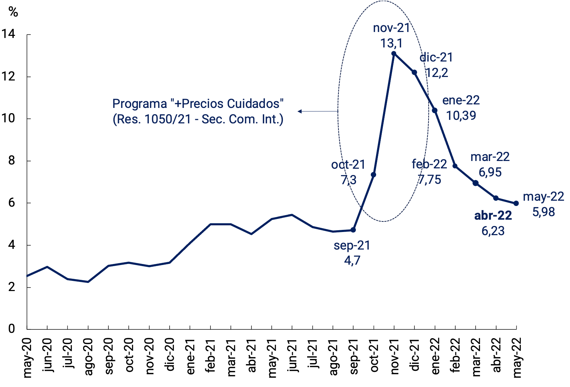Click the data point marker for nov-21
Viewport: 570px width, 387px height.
click(x=394, y=54)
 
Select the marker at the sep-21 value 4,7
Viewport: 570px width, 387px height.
click(x=353, y=230)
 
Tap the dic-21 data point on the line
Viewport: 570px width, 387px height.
click(x=414, y=72)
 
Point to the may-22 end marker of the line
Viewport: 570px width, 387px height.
click(x=516, y=203)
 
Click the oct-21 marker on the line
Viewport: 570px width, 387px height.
click(x=374, y=175)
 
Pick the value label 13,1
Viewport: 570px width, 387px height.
click(x=391, y=43)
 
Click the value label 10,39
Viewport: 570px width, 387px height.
click(x=461, y=115)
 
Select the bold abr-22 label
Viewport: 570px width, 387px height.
click(x=493, y=215)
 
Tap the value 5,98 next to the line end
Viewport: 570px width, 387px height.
click(x=543, y=212)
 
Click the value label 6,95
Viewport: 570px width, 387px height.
click(x=490, y=172)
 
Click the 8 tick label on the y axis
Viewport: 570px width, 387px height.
click(x=12, y=161)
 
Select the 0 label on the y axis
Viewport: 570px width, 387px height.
click(x=12, y=329)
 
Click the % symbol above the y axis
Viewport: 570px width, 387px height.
click(x=13, y=12)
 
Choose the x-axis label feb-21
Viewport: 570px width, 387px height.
click(x=210, y=355)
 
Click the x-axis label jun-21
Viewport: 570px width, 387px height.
click(x=292, y=355)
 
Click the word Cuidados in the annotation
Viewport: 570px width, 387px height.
click(x=255, y=104)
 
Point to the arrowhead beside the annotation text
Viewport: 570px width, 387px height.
click(x=299, y=111)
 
